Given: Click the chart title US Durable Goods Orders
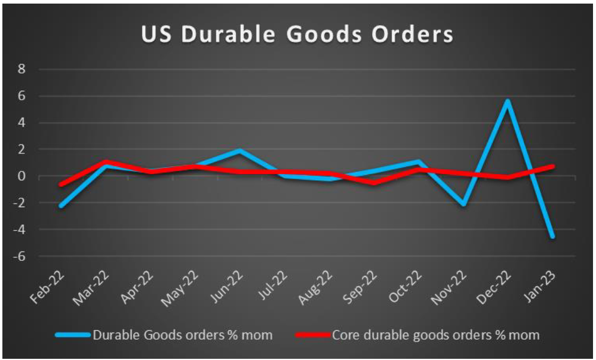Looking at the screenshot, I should tap(297, 34).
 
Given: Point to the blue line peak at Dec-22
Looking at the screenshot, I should tap(508, 100).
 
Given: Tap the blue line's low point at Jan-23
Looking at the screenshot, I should tap(552, 236).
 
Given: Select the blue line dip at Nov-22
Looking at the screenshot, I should tap(463, 204).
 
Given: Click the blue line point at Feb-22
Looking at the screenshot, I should tap(60, 206).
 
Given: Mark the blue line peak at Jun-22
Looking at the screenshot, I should tap(239, 150).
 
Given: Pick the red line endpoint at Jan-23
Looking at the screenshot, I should tap(552, 166).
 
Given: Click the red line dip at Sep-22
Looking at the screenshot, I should tap(374, 183).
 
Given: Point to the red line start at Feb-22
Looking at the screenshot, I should tap(60, 184).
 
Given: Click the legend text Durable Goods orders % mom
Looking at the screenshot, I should tap(182, 335).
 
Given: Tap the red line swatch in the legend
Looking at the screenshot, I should tap(311, 335).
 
